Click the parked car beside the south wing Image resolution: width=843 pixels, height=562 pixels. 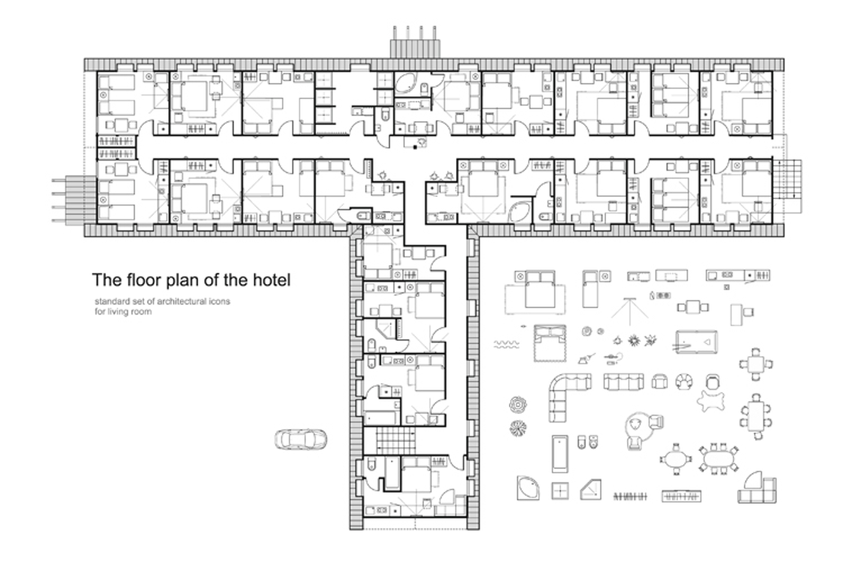pyautogui.click(x=300, y=439)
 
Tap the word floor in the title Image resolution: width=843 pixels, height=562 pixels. pyautogui.click(x=142, y=280)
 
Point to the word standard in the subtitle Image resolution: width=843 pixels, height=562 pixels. pyautogui.click(x=110, y=302)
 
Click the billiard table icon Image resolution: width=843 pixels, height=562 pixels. pyautogui.click(x=696, y=342)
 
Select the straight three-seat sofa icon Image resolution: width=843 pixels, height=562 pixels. pyautogui.click(x=624, y=382)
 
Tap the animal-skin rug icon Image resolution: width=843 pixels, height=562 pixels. pyautogui.click(x=711, y=401)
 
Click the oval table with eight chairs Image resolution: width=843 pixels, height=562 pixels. pyautogui.click(x=719, y=459)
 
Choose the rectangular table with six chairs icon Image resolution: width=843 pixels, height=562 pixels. pyautogui.click(x=756, y=416)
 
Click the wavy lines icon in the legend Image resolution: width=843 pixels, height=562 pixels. pyautogui.click(x=506, y=344)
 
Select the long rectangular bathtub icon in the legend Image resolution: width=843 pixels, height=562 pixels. pyautogui.click(x=560, y=454)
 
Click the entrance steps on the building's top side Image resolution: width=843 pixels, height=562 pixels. pyautogui.click(x=415, y=42)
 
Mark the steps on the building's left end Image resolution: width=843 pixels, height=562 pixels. pyautogui.click(x=74, y=200)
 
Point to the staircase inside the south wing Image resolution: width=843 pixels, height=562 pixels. pyautogui.click(x=396, y=439)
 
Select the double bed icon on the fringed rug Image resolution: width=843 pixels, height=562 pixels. pyautogui.click(x=550, y=343)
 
